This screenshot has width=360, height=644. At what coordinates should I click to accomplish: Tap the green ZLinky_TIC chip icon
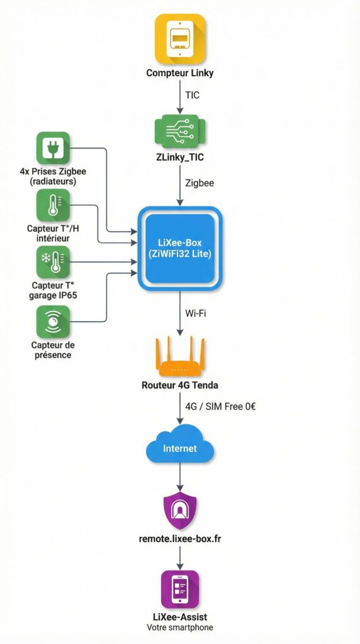[x=180, y=131]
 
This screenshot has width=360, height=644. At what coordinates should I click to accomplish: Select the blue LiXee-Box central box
[x=180, y=249]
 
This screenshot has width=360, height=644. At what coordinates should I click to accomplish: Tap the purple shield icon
[x=180, y=510]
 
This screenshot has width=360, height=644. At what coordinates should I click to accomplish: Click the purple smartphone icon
[x=180, y=589]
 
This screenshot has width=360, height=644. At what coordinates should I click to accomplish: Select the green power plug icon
[x=53, y=148]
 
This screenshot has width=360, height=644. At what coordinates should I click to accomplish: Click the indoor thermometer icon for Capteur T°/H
[x=53, y=206]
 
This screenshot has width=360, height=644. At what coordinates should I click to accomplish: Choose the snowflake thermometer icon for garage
[x=53, y=262]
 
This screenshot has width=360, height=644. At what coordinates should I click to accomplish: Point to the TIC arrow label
[x=193, y=95]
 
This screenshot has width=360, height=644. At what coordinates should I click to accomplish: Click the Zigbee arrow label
[x=199, y=182]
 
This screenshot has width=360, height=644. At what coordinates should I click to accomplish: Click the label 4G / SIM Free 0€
[x=220, y=406]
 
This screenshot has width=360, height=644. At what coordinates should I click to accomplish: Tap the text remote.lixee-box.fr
[x=180, y=539]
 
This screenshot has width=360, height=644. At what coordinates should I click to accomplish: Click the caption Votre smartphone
[x=180, y=627]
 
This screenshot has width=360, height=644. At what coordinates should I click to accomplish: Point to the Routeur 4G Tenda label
[x=180, y=385]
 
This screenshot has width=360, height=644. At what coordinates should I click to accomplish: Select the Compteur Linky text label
[x=180, y=73]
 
